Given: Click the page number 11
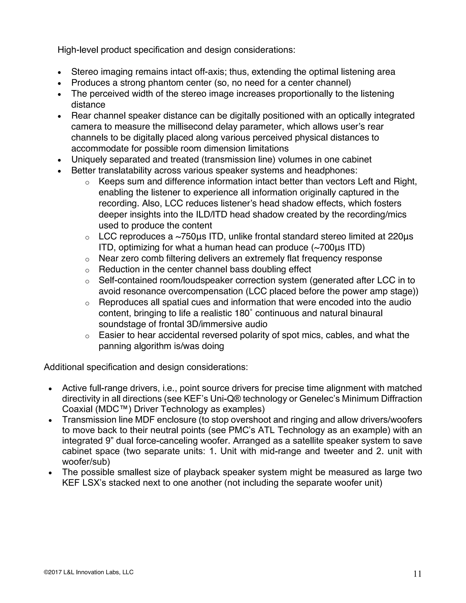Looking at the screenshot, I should pyautogui.click(x=417, y=574).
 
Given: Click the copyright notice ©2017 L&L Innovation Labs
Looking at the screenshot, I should pyautogui.click(x=89, y=572).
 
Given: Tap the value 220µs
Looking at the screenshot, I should pyautogui.click(x=400, y=237).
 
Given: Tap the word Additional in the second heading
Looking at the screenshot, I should pyautogui.click(x=64, y=367).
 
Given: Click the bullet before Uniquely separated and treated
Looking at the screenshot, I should pyautogui.click(x=59, y=160).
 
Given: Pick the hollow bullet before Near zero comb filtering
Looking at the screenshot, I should pyautogui.click(x=87, y=259).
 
